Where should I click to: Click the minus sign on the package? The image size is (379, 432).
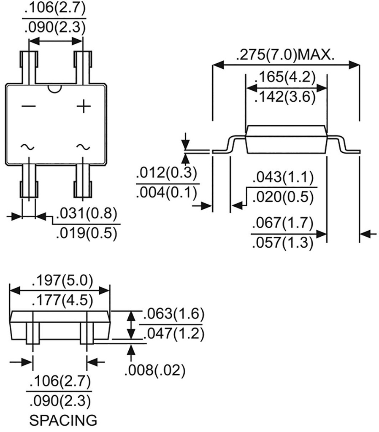tap(29, 107)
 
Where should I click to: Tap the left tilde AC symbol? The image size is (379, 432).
tap(28, 147)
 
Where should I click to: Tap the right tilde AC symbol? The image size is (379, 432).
tap(83, 147)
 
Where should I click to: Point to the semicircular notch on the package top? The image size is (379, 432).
tap(55, 88)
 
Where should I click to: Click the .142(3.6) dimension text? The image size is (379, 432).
tap(286, 97)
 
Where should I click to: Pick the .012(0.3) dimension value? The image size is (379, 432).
tap(166, 174)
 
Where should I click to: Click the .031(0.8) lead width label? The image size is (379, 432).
tap(86, 213)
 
